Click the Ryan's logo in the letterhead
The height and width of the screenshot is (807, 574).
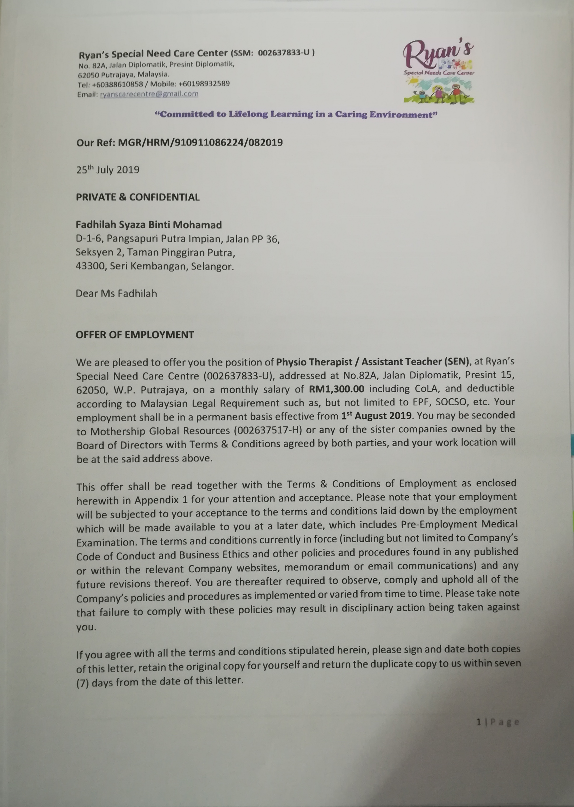(438, 71)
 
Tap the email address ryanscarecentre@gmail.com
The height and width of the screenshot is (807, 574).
(149, 94)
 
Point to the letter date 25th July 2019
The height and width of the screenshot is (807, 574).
(107, 170)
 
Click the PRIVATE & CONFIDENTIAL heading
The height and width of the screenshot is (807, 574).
(138, 197)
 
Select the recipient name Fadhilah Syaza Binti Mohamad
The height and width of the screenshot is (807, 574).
(149, 225)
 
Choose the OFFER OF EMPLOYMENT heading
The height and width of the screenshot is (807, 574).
(135, 335)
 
